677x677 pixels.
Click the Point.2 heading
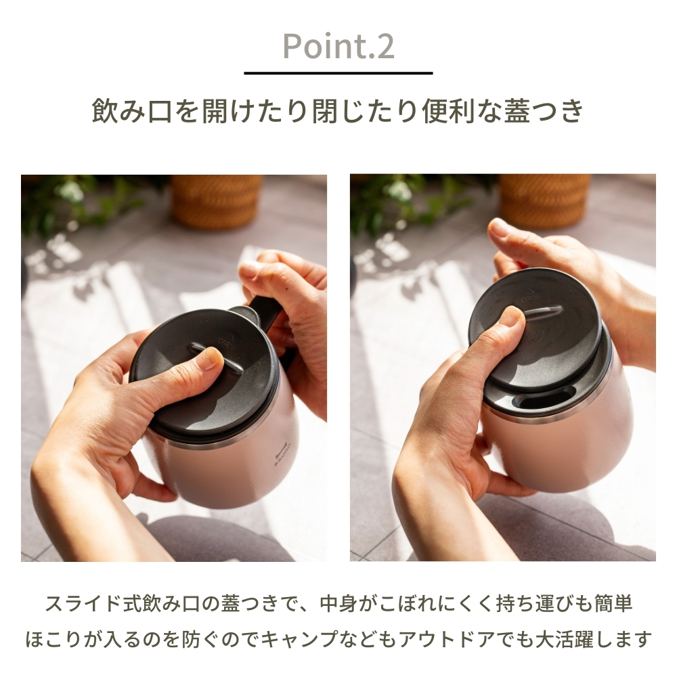(338, 46)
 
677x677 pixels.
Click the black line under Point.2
(338, 73)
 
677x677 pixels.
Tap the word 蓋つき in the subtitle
(544, 112)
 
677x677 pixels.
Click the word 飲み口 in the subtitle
(133, 112)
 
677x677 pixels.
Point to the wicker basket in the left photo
(216, 202)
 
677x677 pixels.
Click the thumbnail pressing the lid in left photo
(211, 359)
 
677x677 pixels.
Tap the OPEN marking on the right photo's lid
(531, 299)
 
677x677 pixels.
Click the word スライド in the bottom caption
(83, 604)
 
